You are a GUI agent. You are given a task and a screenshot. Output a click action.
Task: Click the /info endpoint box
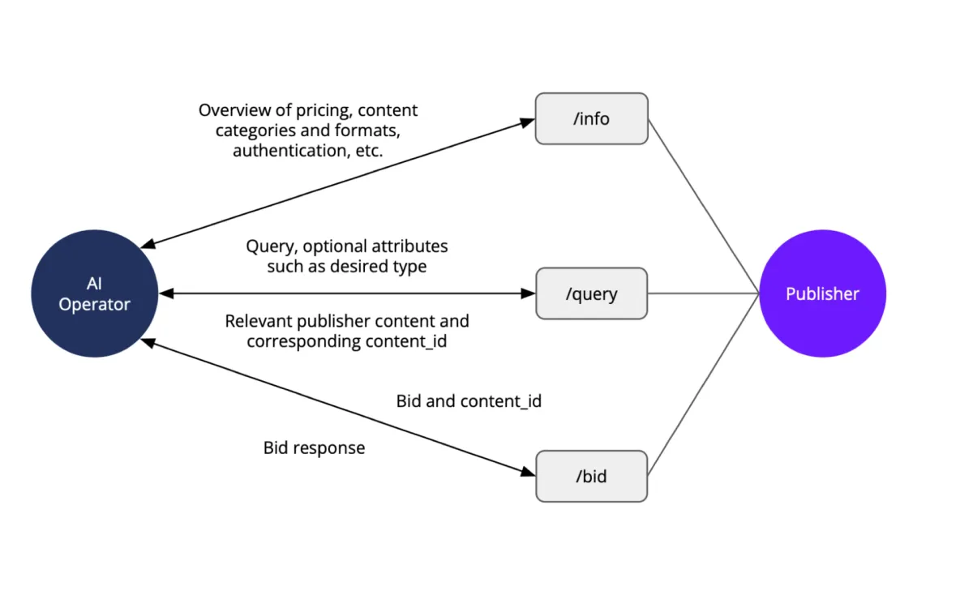click(x=591, y=118)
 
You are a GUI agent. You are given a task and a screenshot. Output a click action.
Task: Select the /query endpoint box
click(x=591, y=293)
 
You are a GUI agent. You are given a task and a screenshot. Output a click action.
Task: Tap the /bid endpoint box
click(x=591, y=476)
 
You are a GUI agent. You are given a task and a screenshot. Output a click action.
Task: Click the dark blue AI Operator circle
click(x=94, y=294)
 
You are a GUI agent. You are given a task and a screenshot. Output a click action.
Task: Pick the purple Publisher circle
click(x=822, y=293)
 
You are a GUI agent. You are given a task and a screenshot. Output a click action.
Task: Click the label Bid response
click(x=314, y=447)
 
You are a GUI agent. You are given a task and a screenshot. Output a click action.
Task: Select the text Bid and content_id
click(x=469, y=400)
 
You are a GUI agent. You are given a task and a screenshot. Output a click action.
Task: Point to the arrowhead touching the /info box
click(x=528, y=122)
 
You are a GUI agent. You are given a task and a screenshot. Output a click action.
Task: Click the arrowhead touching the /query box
click(x=529, y=293)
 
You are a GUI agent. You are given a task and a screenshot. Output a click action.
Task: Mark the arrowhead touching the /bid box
click(x=529, y=473)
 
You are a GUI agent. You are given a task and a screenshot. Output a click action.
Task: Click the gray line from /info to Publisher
click(x=704, y=207)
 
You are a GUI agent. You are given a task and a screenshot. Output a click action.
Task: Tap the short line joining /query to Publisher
click(x=704, y=293)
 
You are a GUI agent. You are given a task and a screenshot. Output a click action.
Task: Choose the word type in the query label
click(x=409, y=266)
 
